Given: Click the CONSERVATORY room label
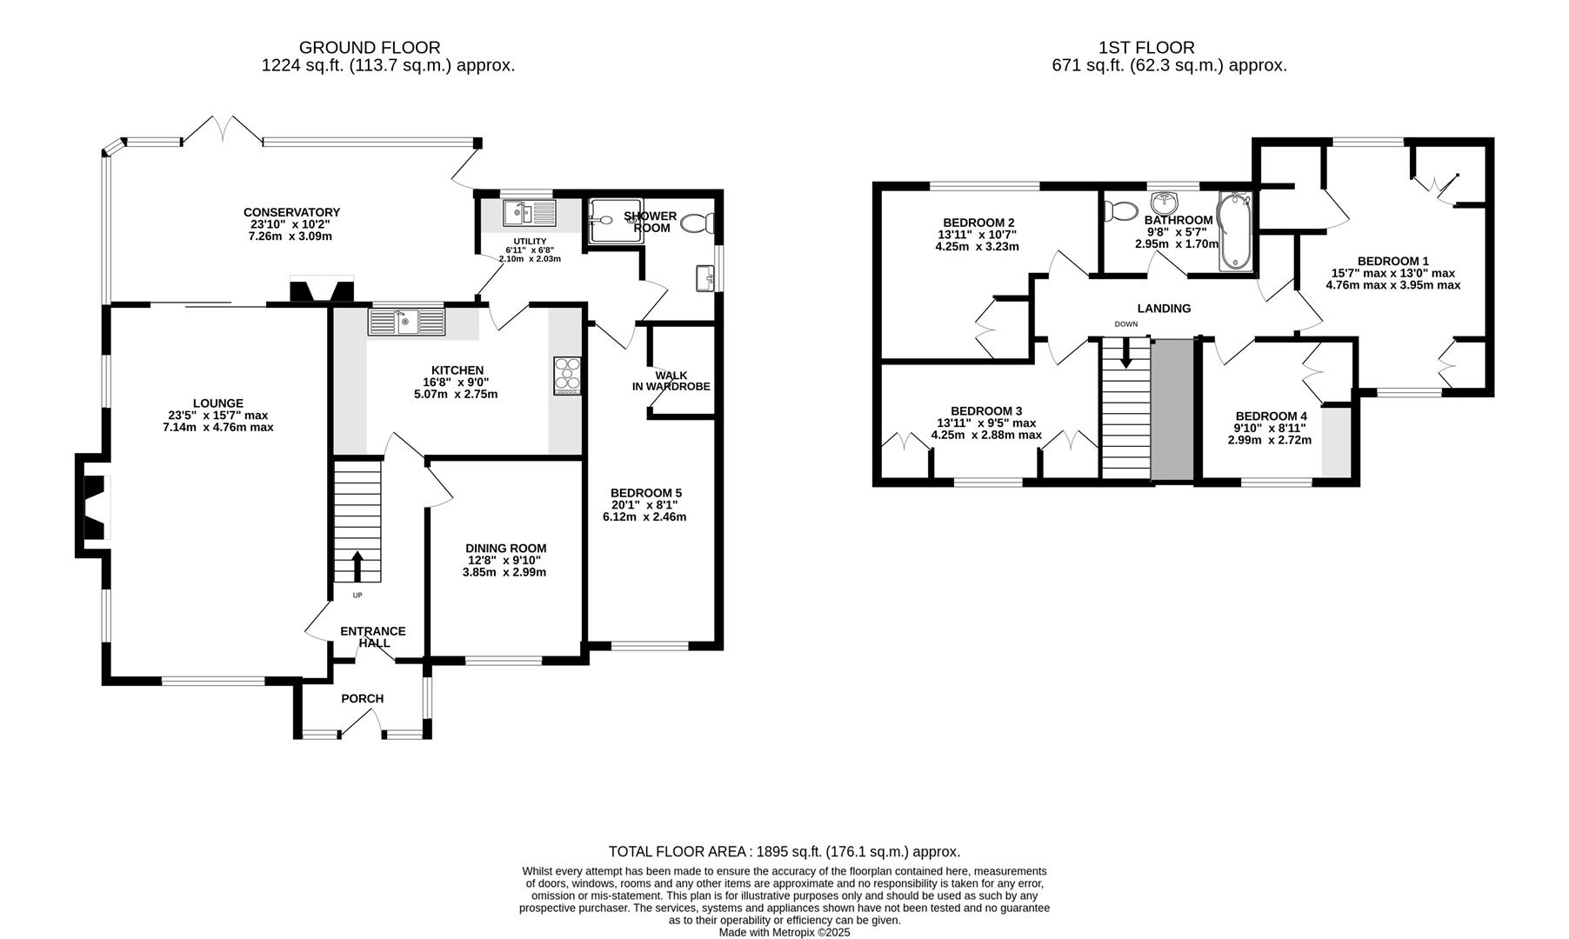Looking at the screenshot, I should [291, 212].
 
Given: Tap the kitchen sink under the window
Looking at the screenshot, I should [406, 322].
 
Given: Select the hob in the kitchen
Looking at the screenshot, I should [567, 376].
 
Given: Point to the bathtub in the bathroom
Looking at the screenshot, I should [1233, 232].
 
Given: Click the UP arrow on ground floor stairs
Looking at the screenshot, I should [357, 566].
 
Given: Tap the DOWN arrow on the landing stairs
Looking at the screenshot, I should [1126, 353].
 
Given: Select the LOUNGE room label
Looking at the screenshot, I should [217, 403].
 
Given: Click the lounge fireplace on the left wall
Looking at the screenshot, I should [93, 508].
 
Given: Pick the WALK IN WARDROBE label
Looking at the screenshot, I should [671, 381].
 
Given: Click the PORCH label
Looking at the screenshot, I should [362, 698].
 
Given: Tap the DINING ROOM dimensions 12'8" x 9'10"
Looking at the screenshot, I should [505, 561].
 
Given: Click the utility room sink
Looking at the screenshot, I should [529, 212].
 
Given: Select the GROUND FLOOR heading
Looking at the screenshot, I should [370, 48].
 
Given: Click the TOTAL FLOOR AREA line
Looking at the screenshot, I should [784, 852].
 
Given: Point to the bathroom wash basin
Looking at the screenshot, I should [1164, 204].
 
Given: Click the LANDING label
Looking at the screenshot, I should [1164, 309].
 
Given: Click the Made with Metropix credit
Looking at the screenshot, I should [784, 932].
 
